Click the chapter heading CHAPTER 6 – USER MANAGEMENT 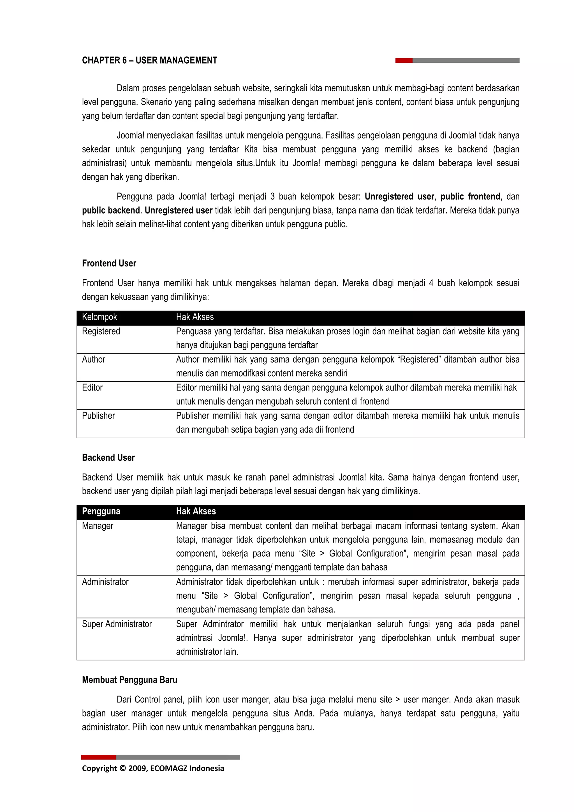[149, 61]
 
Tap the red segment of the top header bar [404, 61]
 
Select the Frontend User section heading [109, 263]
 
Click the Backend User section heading [108, 458]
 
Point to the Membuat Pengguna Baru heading [129, 680]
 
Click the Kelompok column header [99, 317]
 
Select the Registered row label [101, 331]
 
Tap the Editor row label [92, 388]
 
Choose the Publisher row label [98, 416]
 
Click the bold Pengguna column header [101, 511]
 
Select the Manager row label [98, 526]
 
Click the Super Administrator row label [117, 624]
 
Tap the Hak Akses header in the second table [196, 511]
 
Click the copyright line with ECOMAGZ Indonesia [153, 768]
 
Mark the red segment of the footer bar [98, 757]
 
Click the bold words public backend [111, 210]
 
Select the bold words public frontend [470, 197]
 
